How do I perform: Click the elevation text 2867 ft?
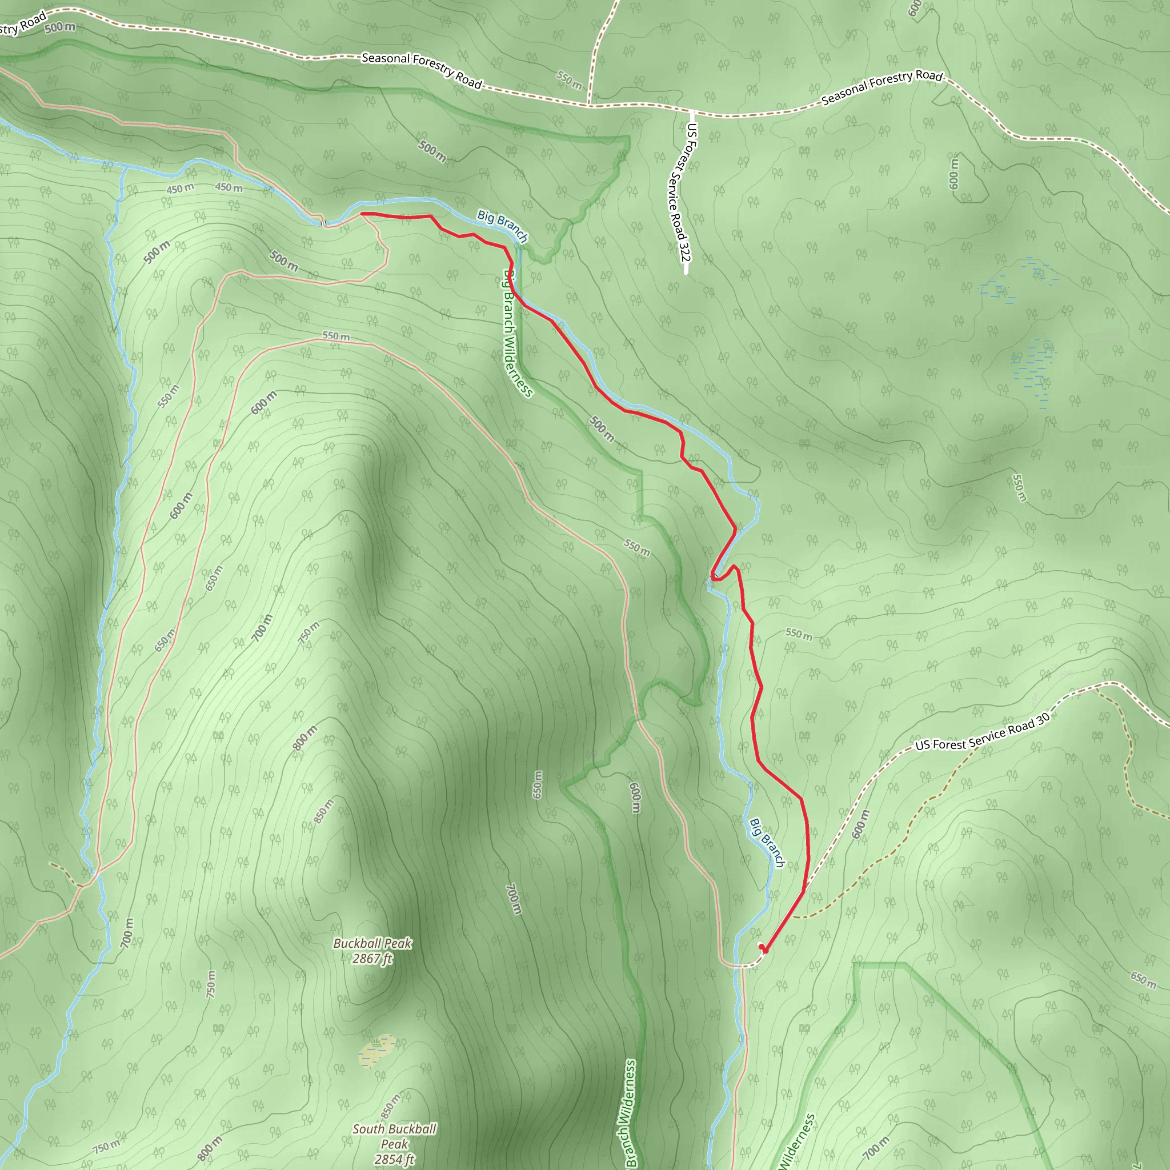pos(372,959)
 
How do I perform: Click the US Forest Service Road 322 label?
pos(679,193)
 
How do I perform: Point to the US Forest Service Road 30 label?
pos(982,732)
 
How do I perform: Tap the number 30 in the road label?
pos(1042,719)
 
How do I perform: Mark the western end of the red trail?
pos(362,214)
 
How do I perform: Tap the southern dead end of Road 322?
pos(686,273)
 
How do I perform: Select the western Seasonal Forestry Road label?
pos(422,70)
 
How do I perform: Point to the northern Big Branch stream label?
pos(503,225)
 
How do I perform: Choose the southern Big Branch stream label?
pos(767,843)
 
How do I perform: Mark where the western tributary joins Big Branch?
pos(125,165)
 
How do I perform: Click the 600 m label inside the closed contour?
pos(954,173)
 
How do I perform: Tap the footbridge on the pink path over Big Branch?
pos(323,223)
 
